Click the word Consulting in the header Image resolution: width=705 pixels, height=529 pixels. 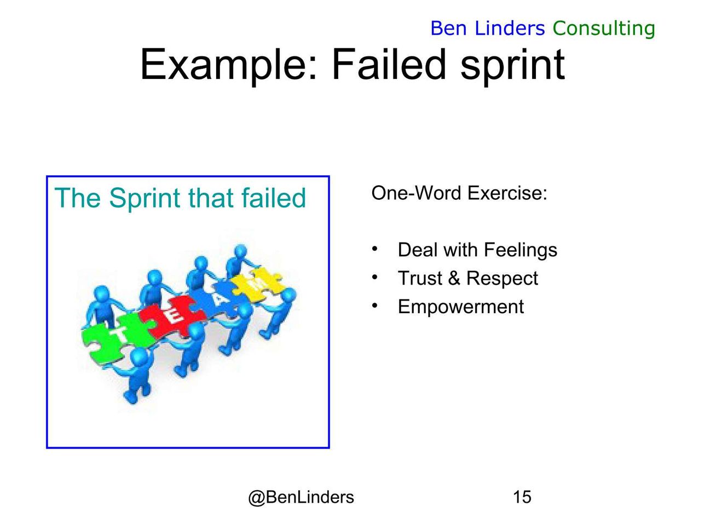604,29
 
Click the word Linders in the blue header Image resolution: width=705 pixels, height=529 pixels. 510,28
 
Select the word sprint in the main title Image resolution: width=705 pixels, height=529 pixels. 513,66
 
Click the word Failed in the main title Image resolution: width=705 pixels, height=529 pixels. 389,64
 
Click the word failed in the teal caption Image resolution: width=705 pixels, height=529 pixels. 274,198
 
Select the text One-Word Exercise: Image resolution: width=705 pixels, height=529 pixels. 459,193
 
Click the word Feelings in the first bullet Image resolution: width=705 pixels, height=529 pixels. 521,250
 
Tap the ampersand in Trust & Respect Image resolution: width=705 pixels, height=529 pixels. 454,278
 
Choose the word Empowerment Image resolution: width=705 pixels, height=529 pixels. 461,307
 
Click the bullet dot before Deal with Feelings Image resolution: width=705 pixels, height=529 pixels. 374,249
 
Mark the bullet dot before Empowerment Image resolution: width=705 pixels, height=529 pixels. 374,306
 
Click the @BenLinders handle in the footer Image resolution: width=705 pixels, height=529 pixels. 301,497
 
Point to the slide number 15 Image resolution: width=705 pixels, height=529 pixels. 522,497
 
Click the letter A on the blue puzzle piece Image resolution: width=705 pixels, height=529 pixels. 218,300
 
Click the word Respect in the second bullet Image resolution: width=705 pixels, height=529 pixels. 502,279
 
